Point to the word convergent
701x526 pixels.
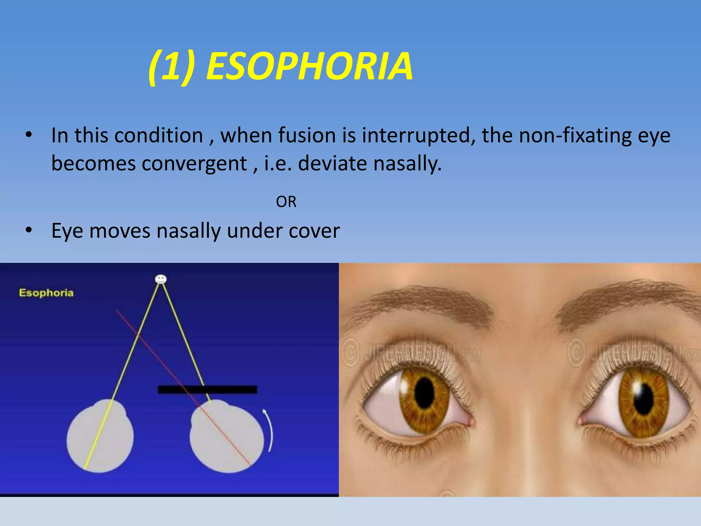(194, 163)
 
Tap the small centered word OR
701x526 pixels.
(286, 202)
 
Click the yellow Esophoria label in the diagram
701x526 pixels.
(46, 293)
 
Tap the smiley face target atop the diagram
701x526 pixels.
(161, 279)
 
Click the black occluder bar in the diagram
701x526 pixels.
(207, 389)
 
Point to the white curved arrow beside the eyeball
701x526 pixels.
(269, 430)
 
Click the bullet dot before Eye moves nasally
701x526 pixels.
(29, 230)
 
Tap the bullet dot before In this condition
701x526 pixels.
(29, 135)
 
